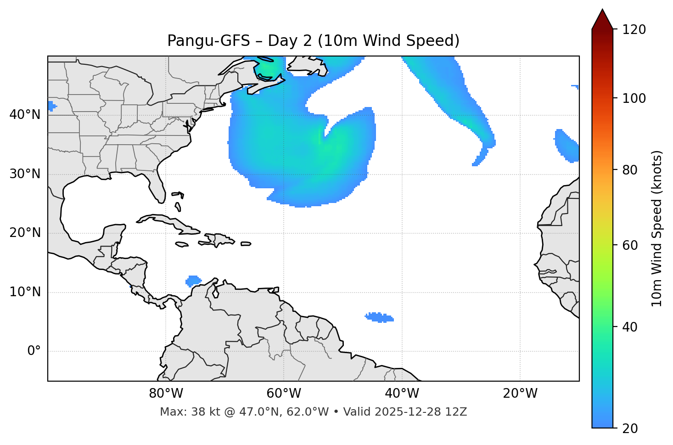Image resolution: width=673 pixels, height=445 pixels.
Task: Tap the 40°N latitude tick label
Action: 25,115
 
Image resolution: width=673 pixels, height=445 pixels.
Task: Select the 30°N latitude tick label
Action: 25,174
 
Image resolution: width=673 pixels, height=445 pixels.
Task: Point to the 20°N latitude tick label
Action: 25,233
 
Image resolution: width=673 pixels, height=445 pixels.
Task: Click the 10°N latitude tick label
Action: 25,292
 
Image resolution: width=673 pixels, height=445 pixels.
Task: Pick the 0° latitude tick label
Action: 34,351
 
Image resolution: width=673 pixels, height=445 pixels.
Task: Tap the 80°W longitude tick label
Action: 166,394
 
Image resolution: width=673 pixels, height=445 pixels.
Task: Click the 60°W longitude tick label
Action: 284,394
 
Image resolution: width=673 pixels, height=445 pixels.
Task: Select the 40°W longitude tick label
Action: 402,394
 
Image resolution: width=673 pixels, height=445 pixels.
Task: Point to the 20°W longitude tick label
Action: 520,394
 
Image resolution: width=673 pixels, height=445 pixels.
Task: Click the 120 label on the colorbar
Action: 634,30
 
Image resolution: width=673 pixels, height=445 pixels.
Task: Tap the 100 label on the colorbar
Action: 634,98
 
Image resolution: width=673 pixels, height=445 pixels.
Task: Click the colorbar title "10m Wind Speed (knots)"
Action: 657,228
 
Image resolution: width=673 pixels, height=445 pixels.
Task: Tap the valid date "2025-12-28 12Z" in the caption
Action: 421,412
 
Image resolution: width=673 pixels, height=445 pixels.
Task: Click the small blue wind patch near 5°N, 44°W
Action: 379,317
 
